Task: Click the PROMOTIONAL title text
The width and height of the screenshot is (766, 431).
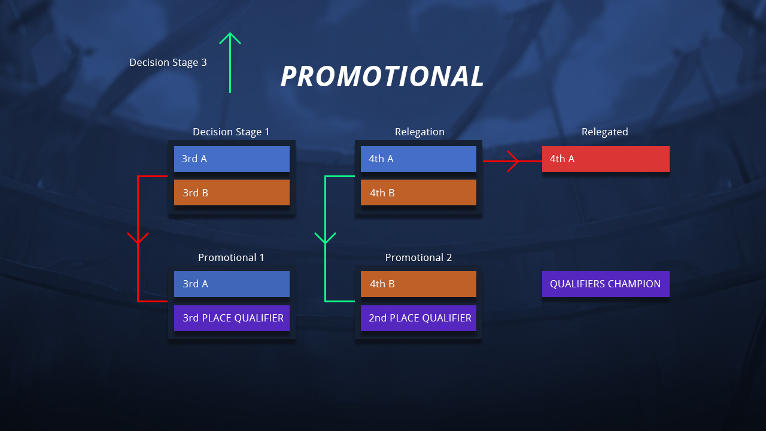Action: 382,76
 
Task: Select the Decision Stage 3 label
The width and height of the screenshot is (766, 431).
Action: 168,63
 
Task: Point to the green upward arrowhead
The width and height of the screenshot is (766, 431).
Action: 230,38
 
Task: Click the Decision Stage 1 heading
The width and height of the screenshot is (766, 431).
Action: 231,132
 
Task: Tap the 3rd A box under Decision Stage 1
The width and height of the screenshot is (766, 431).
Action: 232,159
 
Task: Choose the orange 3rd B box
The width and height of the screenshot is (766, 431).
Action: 232,193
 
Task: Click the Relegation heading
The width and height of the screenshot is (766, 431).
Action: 420,132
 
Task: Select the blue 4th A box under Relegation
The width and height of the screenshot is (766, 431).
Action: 418,159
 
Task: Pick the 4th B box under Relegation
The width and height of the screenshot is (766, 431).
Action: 418,193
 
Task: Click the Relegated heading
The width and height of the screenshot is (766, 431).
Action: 605,132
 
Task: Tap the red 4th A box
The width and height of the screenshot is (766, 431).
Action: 606,159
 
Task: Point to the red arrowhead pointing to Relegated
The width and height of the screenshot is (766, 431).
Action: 513,161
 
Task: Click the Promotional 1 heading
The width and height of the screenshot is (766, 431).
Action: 231,257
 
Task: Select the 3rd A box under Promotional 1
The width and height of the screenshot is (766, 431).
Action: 232,284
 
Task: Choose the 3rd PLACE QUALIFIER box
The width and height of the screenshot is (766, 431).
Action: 232,318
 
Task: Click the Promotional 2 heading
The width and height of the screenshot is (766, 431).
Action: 418,257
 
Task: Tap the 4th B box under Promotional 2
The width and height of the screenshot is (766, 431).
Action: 418,284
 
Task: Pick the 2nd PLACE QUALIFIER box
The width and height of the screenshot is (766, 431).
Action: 418,318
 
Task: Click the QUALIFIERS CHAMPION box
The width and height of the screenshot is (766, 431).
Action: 606,284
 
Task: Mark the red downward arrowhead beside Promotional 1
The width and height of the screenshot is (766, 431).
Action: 138,238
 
